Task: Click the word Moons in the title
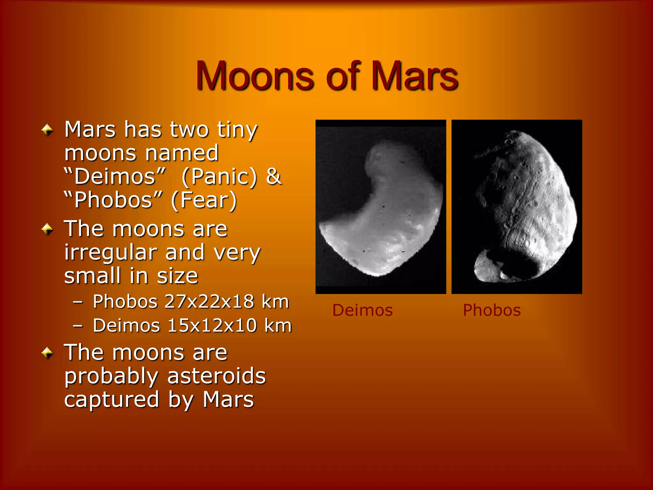pos(255,77)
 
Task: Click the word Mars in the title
pos(415,77)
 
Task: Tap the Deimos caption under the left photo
pos(363,310)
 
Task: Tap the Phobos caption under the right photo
pos(492,310)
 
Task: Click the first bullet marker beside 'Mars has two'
pos(47,130)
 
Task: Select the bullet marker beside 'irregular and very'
pos(47,229)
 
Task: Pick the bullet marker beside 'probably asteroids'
pos(47,353)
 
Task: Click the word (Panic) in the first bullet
pos(219,176)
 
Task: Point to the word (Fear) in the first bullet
pos(204,200)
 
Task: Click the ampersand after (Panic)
pos(274,176)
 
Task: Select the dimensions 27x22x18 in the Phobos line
pos(209,301)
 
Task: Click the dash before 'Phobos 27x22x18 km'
pos(78,302)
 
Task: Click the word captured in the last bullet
pos(112,399)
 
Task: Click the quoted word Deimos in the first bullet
pos(115,176)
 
